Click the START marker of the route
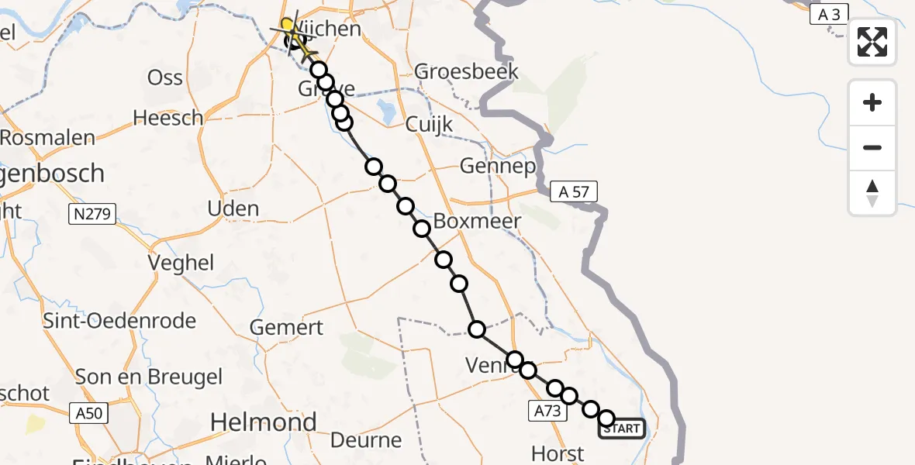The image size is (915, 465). pyautogui.click(x=621, y=428)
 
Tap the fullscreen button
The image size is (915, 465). pyautogui.click(x=872, y=42)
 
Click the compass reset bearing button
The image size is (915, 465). pyautogui.click(x=872, y=193)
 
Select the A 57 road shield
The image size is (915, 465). pyautogui.click(x=575, y=191)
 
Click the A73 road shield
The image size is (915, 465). pyautogui.click(x=547, y=411)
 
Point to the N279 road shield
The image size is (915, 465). pyautogui.click(x=92, y=214)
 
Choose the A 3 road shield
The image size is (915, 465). pyautogui.click(x=829, y=13)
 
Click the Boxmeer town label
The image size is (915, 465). pyautogui.click(x=477, y=221)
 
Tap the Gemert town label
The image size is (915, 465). pyautogui.click(x=286, y=327)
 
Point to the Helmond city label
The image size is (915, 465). pyautogui.click(x=264, y=422)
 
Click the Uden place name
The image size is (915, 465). pyautogui.click(x=233, y=208)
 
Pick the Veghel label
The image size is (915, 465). pyautogui.click(x=183, y=263)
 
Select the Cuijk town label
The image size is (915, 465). pyautogui.click(x=429, y=125)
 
